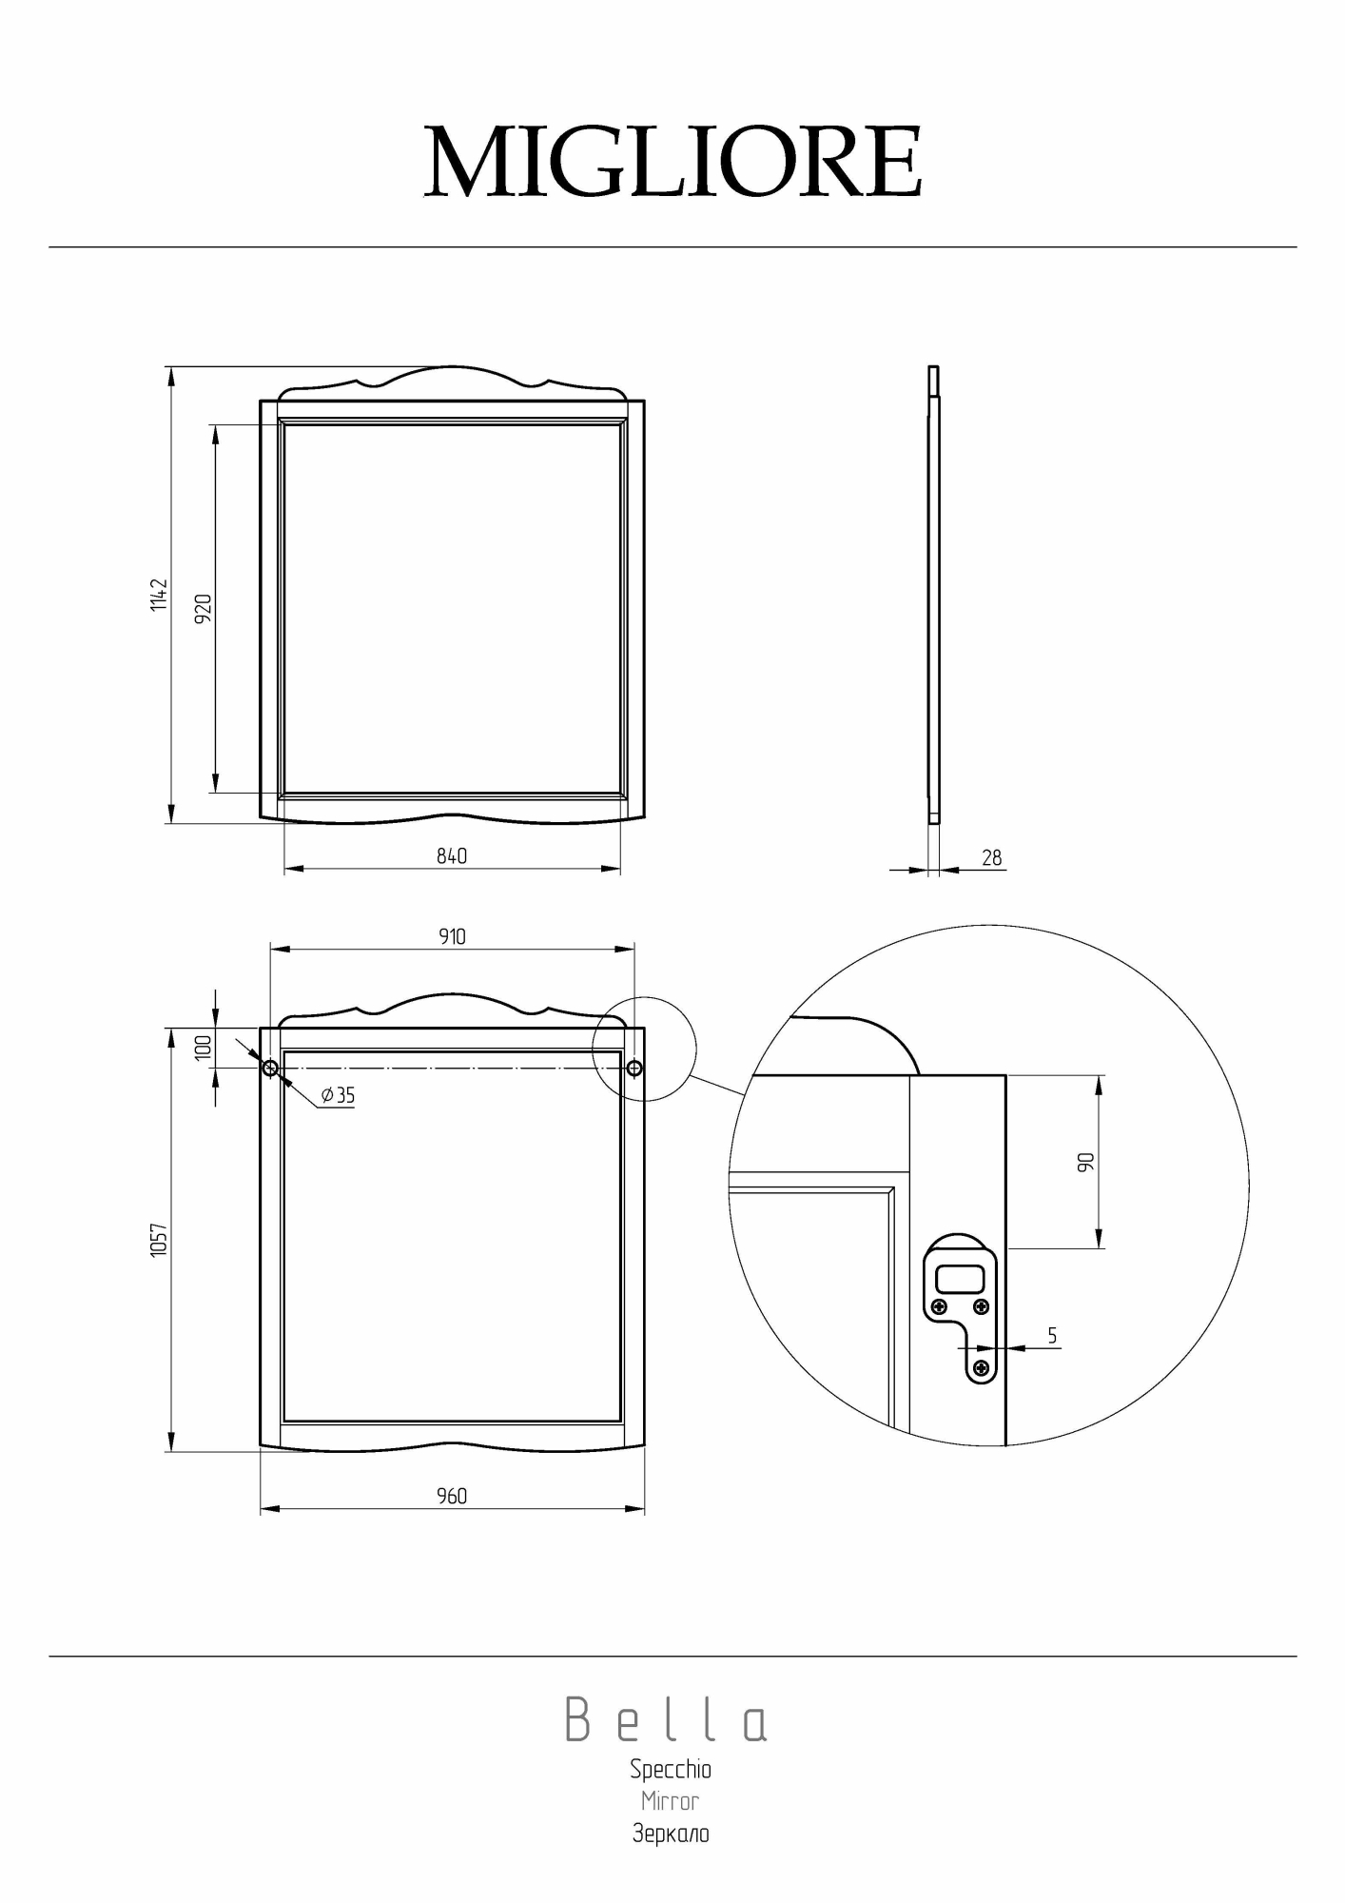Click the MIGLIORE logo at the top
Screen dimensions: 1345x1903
[672, 161]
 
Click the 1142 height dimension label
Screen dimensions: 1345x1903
[159, 595]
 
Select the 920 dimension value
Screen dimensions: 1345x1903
[203, 609]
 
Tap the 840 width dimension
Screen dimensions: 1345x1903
[452, 856]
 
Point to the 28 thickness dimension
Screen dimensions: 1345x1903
[992, 858]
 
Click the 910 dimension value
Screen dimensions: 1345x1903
[452, 937]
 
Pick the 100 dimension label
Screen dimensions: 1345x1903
[203, 1048]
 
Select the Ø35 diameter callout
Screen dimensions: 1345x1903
[338, 1095]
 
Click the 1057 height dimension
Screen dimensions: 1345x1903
[159, 1240]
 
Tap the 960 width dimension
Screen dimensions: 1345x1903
[452, 1497]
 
